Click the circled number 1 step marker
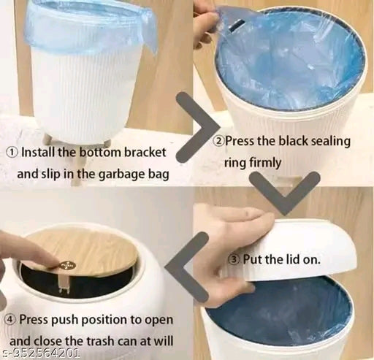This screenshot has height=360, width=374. (x=12, y=153)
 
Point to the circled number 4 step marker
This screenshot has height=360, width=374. (x=11, y=319)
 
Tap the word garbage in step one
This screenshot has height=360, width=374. (x=123, y=175)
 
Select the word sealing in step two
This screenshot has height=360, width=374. (x=331, y=142)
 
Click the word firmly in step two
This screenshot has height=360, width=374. (x=266, y=163)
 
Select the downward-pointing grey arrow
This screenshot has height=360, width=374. (x=285, y=192)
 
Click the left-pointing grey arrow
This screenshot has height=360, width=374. (x=186, y=267)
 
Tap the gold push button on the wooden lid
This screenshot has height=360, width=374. (x=66, y=265)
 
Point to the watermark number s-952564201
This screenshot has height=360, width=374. (x=40, y=353)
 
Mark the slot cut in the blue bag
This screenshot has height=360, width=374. (x=237, y=26)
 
